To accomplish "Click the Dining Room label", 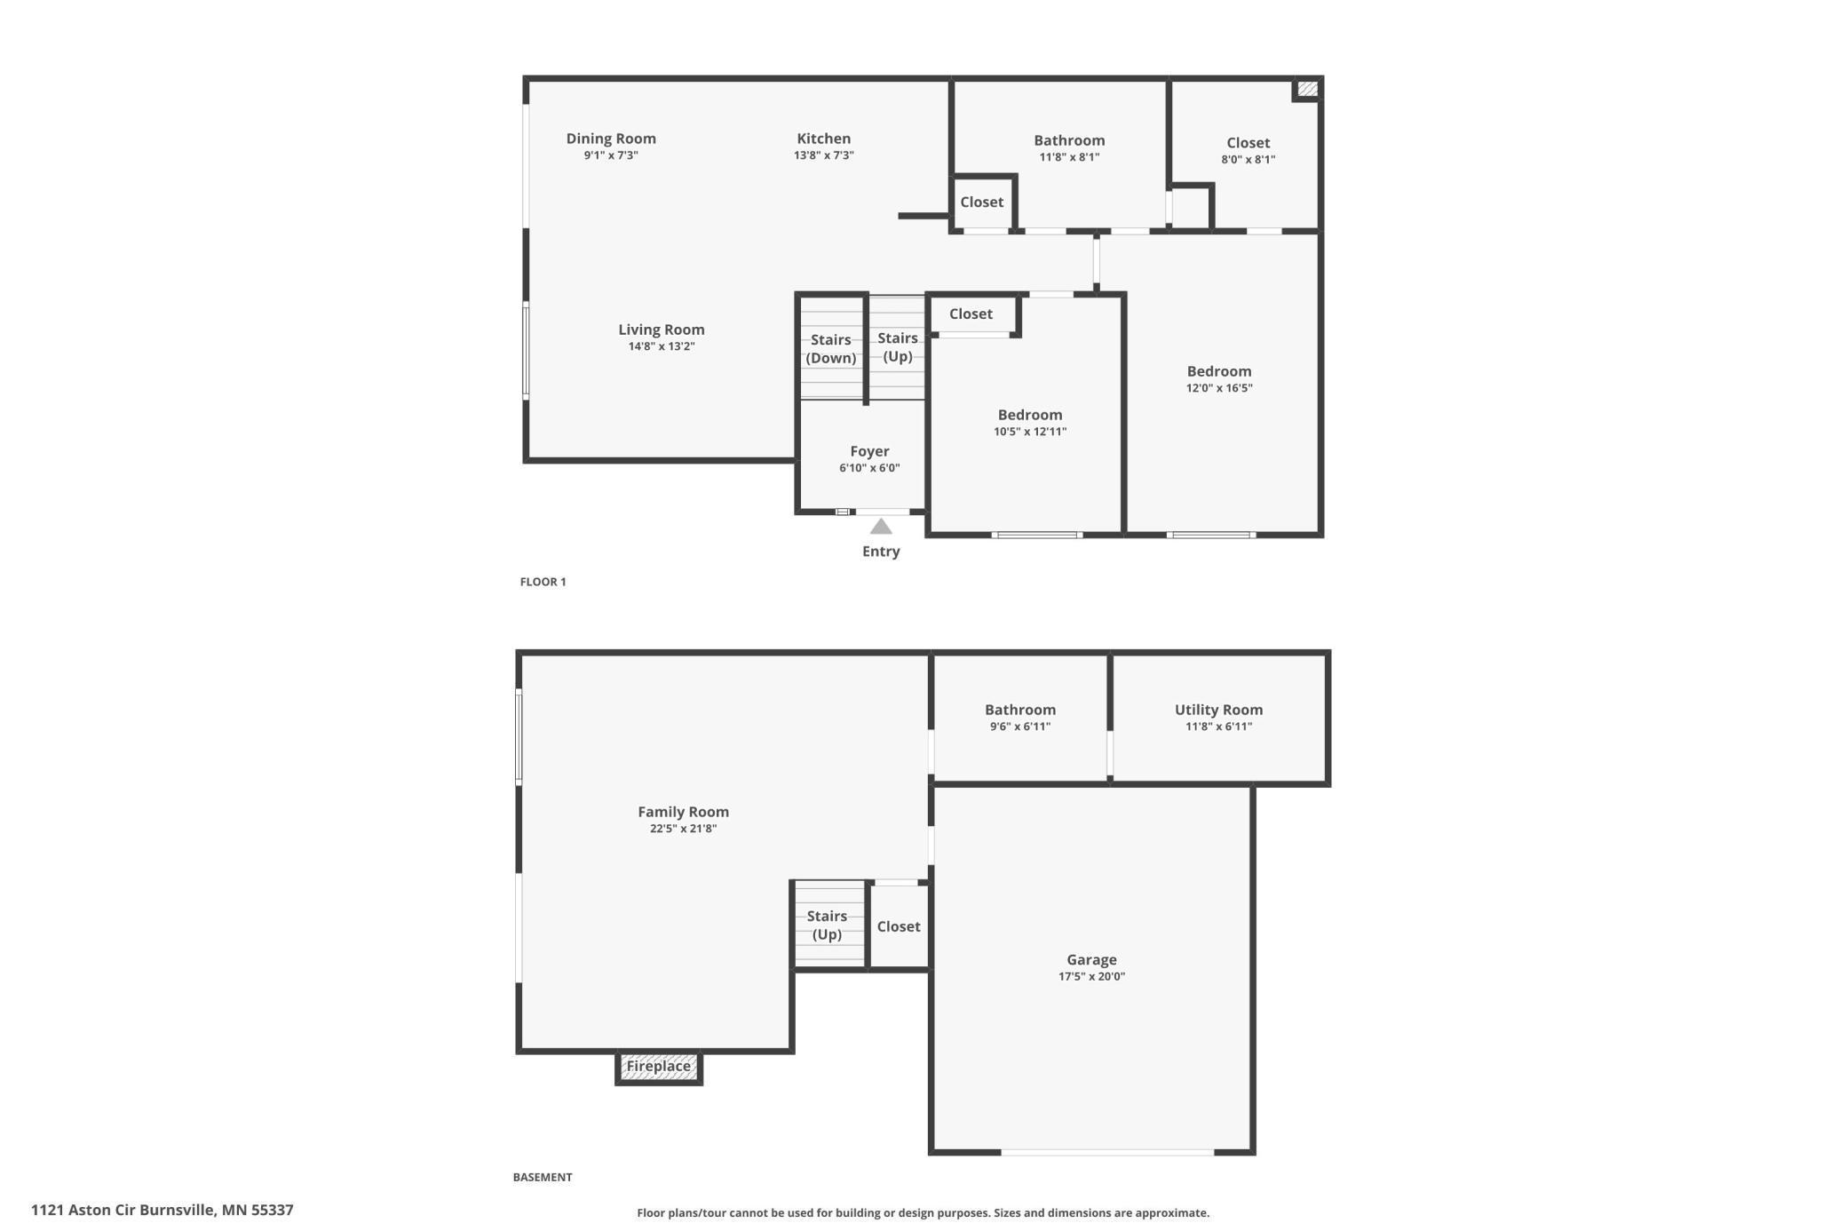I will (611, 139).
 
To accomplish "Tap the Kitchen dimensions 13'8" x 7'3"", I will (823, 155).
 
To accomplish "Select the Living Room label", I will (661, 330).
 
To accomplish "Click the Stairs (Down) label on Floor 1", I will (830, 349).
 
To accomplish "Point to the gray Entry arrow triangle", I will (880, 528).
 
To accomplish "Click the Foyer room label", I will (868, 451).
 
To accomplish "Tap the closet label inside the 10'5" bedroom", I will (970, 314).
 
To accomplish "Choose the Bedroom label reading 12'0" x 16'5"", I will (1218, 371).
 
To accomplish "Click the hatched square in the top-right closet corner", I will (1306, 89).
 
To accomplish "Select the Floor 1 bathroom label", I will (1068, 140).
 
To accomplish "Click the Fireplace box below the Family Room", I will (658, 1067).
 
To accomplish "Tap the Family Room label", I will (683, 812).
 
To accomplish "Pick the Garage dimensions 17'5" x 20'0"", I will (1090, 977).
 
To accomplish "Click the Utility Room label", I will (1217, 710).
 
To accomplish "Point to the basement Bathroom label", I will (1019, 710).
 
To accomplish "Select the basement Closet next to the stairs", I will (898, 926).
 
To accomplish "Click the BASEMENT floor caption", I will (542, 1178).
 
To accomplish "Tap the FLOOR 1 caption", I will (543, 582).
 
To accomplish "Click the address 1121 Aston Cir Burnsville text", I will (162, 1210).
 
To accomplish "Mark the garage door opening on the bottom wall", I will (1107, 1152).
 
